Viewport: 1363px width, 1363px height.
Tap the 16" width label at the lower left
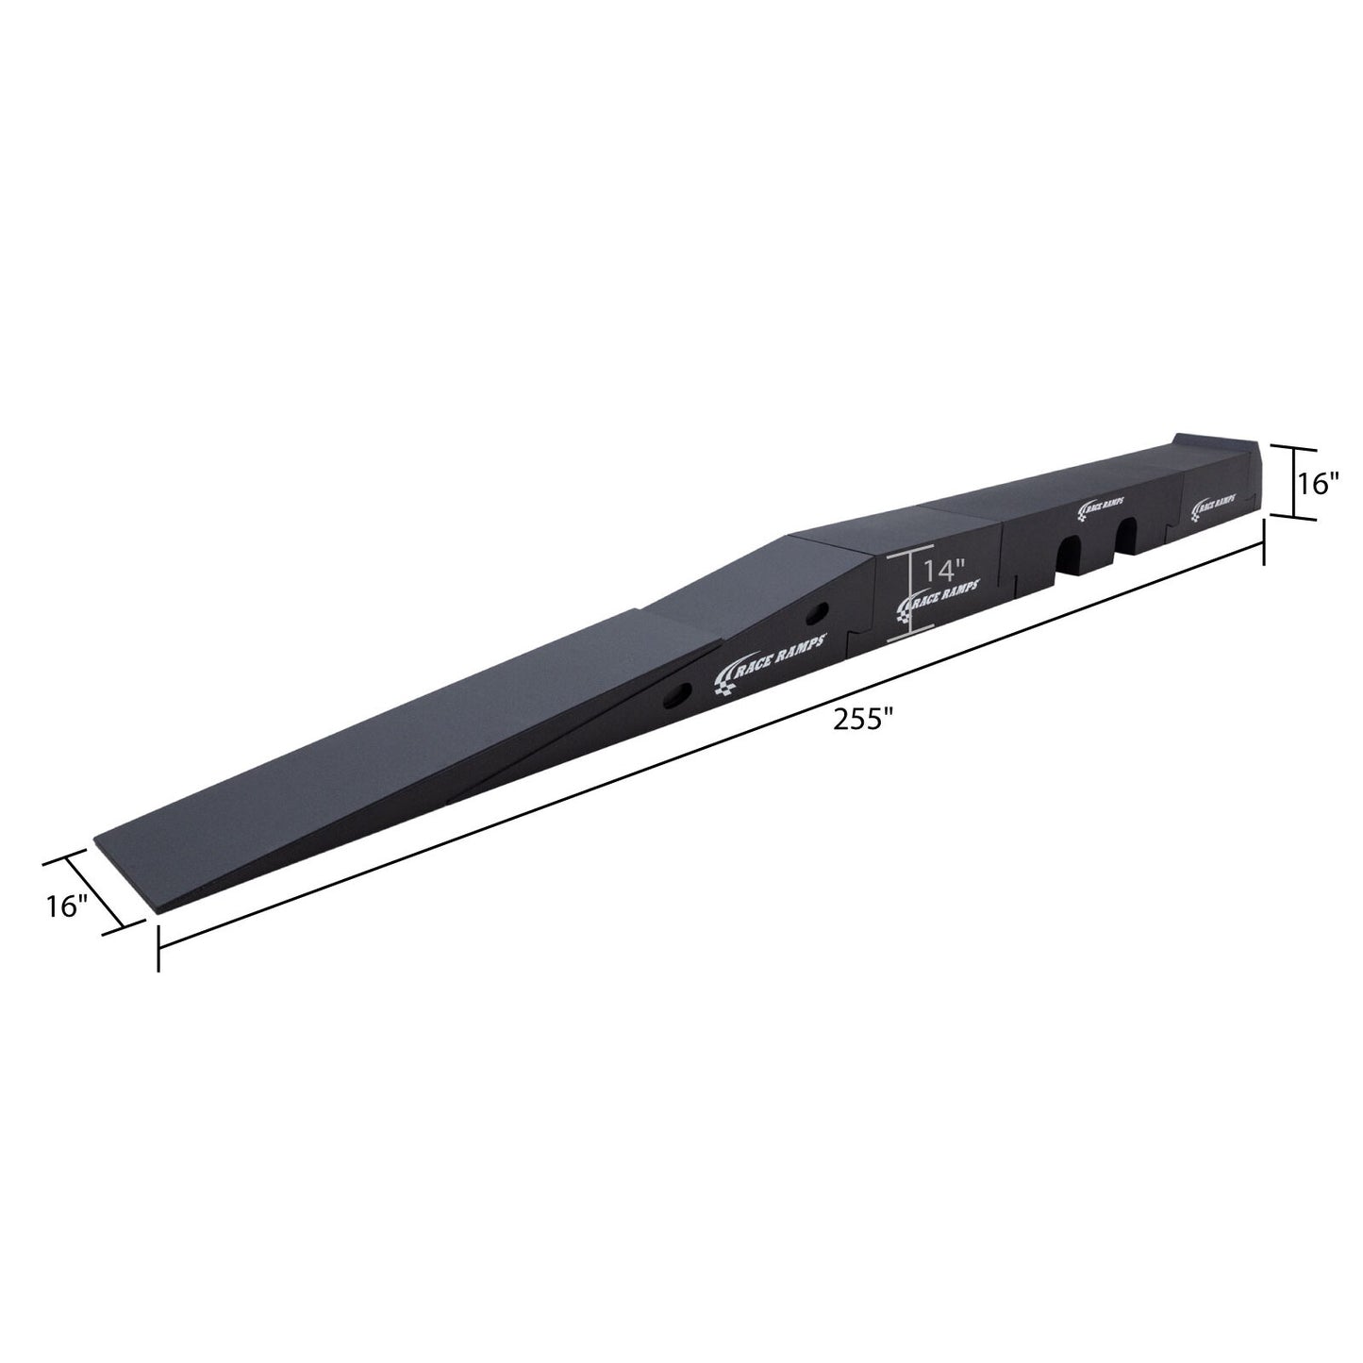point(67,907)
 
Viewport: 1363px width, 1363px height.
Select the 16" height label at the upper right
point(1320,483)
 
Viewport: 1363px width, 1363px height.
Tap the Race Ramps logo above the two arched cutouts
point(1107,507)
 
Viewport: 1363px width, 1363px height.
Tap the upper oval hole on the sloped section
point(817,613)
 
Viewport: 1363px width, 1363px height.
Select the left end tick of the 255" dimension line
point(158,948)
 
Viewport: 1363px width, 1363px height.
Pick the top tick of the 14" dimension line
point(909,553)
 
